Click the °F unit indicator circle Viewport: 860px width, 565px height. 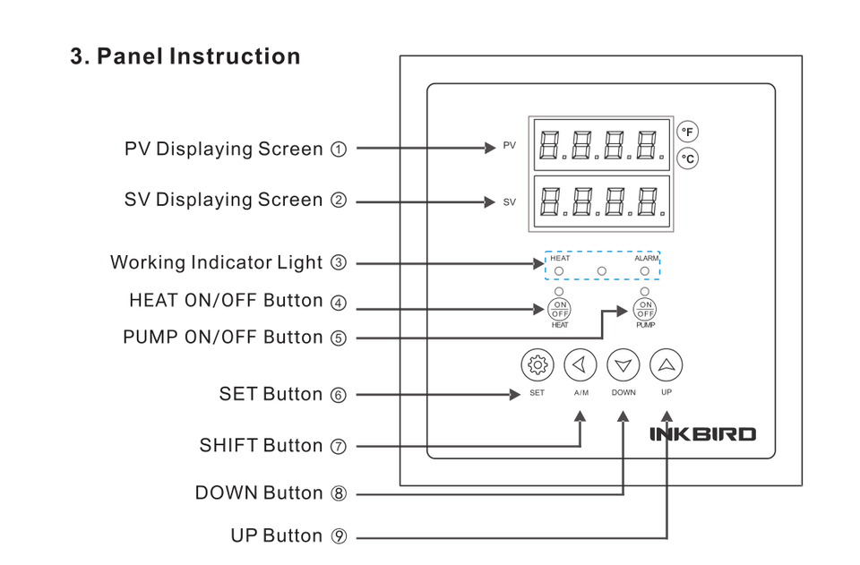(x=687, y=132)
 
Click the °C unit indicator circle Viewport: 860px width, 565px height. (x=687, y=158)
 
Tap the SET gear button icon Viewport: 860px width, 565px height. (x=537, y=364)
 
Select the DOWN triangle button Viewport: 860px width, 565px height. (x=623, y=364)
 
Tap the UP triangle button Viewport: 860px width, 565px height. (x=666, y=364)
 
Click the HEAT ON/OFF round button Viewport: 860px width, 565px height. (x=560, y=309)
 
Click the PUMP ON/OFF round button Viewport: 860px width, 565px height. (x=645, y=309)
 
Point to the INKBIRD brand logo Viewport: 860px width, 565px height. (x=702, y=434)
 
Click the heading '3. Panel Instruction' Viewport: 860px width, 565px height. (x=185, y=56)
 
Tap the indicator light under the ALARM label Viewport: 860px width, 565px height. (x=645, y=270)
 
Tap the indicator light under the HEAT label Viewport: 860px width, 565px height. (x=559, y=270)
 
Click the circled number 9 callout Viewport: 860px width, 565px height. (x=339, y=536)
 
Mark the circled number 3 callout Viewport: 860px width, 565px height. (x=338, y=263)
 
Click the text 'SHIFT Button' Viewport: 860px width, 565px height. (x=261, y=446)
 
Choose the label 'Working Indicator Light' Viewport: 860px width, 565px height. (x=216, y=263)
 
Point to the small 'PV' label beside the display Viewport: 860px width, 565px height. (x=509, y=145)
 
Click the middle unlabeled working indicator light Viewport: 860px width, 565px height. (x=602, y=270)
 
